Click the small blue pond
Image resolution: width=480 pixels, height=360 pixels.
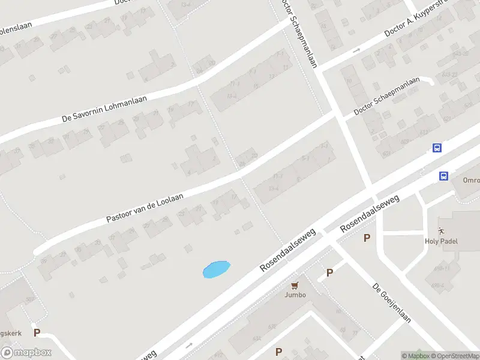click(x=216, y=269)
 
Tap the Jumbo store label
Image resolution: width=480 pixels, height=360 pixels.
click(x=295, y=295)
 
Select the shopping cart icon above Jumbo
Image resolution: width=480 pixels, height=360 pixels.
click(x=295, y=285)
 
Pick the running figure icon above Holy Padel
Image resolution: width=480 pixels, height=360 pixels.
click(x=442, y=230)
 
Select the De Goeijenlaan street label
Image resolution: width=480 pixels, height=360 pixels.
click(x=391, y=303)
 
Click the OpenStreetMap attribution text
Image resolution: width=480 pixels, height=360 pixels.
click(x=455, y=356)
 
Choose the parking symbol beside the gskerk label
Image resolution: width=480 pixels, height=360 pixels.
click(x=37, y=332)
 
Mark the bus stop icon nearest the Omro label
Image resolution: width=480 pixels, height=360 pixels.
click(x=443, y=176)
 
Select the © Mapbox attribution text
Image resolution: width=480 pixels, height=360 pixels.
click(x=415, y=356)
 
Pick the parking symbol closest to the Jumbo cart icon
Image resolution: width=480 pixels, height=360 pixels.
click(x=329, y=273)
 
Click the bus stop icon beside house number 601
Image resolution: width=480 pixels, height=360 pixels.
click(x=437, y=148)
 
